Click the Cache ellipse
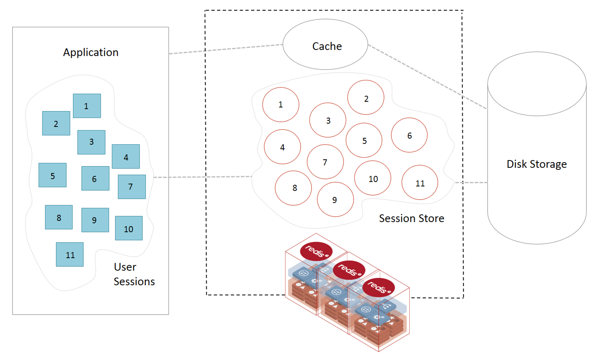[325, 45]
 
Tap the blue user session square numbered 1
[87, 106]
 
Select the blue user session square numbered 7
[132, 187]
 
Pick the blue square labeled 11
[70, 254]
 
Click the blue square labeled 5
[53, 175]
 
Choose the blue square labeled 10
[129, 228]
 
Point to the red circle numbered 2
[366, 97]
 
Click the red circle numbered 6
[409, 135]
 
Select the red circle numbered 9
[335, 199]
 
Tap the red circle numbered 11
[420, 182]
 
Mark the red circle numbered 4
[282, 147]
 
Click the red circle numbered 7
[325, 162]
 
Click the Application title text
[91, 52]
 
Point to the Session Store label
[411, 218]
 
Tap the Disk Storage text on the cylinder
[536, 164]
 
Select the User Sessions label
[134, 274]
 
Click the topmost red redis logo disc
[316, 251]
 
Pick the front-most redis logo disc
[379, 287]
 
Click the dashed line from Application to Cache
[226, 49]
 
